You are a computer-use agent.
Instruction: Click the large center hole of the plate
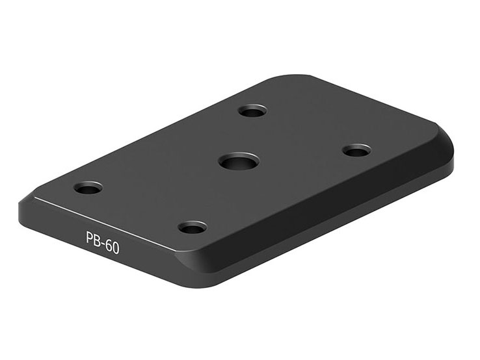pos(239,161)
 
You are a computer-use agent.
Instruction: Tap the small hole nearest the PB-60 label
pos(193,227)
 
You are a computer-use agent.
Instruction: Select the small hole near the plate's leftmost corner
pos(88,188)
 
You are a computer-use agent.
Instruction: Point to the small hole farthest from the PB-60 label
pos(252,110)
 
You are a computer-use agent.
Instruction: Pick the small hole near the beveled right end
pos(356,150)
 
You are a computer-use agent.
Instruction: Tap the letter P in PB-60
pos(89,238)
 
